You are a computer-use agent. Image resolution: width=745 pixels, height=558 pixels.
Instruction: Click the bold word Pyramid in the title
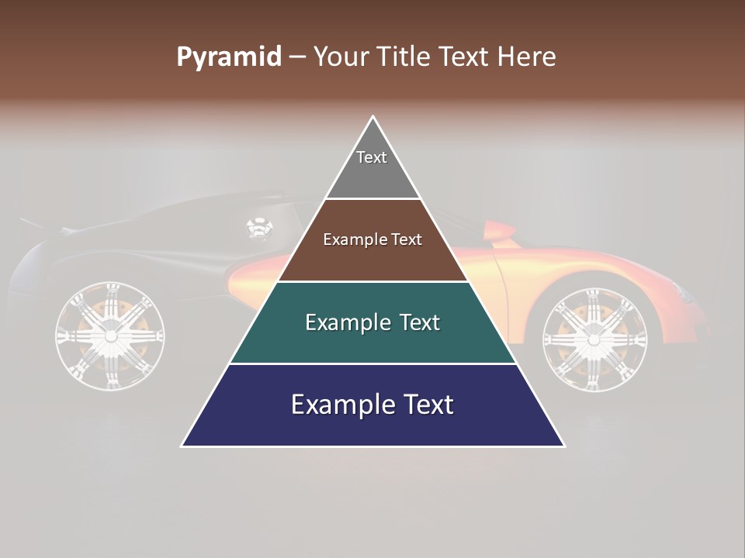point(229,57)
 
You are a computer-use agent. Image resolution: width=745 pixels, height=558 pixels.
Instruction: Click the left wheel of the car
point(110,336)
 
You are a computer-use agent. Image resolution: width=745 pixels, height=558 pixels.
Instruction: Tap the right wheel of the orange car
point(594,335)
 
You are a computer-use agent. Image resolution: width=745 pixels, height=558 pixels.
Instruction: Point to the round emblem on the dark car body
point(259,228)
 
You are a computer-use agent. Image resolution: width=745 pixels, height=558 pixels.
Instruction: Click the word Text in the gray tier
point(372,157)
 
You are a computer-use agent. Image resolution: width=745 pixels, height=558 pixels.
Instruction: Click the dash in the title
point(297,57)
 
